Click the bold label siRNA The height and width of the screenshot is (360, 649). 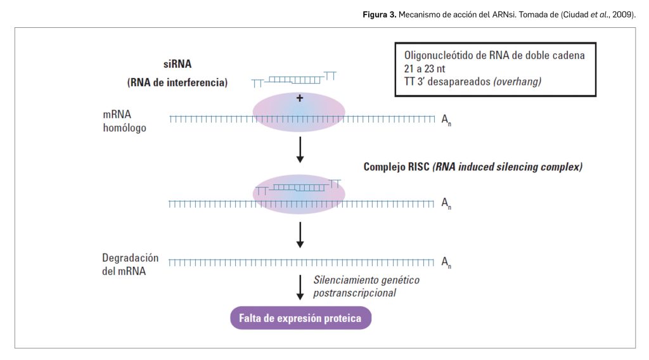click(177, 64)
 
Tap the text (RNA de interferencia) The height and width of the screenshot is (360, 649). click(177, 82)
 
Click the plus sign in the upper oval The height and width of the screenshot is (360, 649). click(300, 98)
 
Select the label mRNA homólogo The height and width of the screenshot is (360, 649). click(124, 122)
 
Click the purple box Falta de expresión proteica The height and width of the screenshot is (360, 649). click(300, 318)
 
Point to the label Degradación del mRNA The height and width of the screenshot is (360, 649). click(130, 265)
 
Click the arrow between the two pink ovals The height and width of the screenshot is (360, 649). click(300, 149)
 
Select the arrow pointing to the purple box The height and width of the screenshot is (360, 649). click(300, 287)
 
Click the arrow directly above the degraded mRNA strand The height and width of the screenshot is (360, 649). click(300, 235)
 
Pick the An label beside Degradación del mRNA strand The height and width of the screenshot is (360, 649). click(446, 262)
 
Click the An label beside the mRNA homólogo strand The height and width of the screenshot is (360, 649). click(446, 119)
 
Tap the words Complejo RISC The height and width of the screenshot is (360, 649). click(397, 167)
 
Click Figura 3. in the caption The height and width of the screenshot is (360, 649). click(379, 14)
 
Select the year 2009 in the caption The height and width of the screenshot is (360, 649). click(622, 14)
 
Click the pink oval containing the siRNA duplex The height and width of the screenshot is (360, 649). click(299, 194)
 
